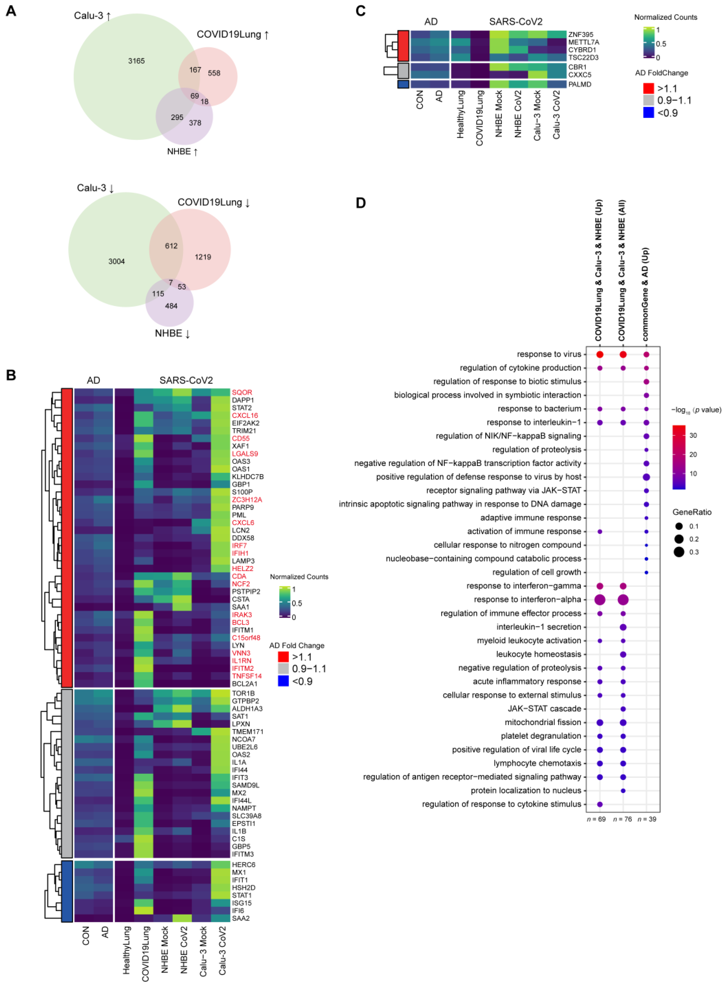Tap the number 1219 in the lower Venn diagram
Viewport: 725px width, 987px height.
pyautogui.click(x=203, y=257)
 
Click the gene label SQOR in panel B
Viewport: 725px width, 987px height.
pyautogui.click(x=242, y=393)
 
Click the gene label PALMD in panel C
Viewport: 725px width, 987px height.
pyautogui.click(x=579, y=84)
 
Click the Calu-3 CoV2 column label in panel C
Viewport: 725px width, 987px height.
pyautogui.click(x=557, y=115)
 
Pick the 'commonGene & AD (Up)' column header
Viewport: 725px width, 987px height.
pyautogui.click(x=645, y=294)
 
